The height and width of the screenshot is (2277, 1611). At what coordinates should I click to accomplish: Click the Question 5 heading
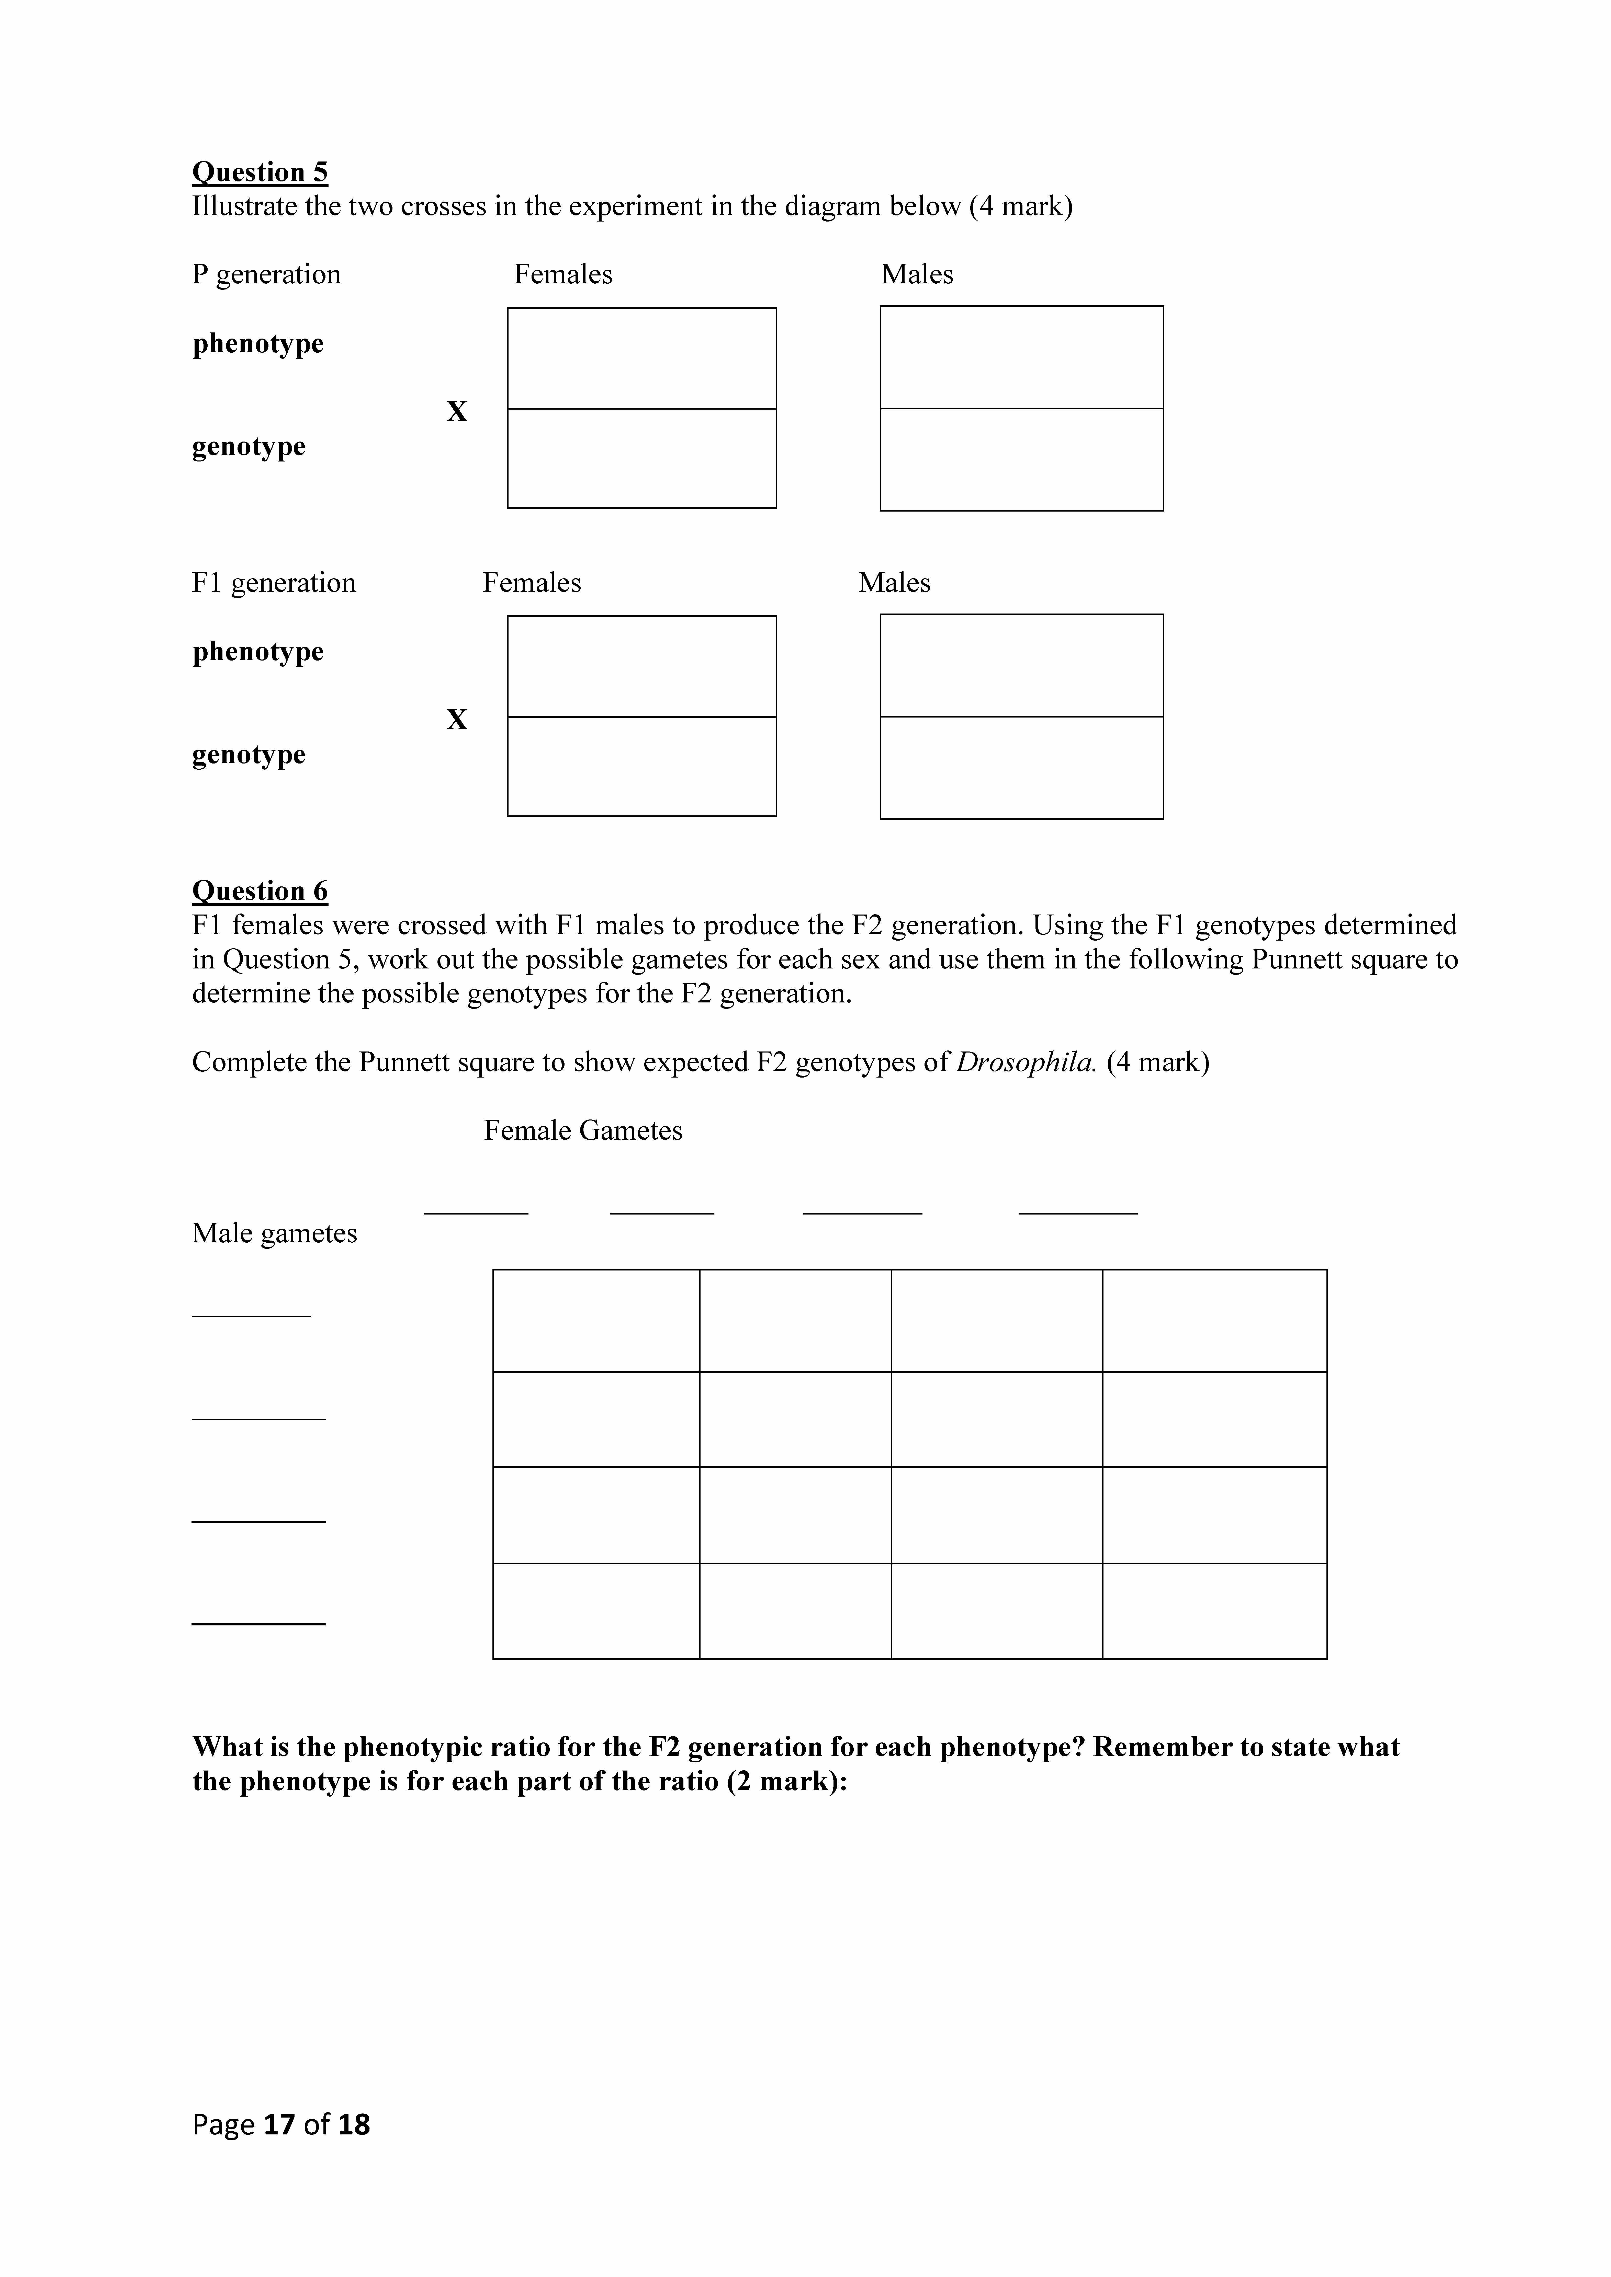click(260, 172)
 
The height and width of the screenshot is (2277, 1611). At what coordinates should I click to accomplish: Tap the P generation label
click(266, 275)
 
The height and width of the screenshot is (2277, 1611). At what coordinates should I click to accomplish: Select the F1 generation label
click(274, 583)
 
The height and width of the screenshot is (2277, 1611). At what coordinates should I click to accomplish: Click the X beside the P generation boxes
click(456, 412)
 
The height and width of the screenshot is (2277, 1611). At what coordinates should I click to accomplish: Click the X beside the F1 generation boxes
click(456, 720)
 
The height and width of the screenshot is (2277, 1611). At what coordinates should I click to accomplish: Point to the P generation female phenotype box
click(642, 358)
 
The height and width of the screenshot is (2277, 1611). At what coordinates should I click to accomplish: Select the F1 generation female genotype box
click(642, 767)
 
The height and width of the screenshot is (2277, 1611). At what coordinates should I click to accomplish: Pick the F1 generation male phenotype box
click(1022, 665)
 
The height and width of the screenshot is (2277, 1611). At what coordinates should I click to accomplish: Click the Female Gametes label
click(583, 1131)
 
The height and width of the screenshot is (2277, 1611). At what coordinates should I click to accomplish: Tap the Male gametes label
click(275, 1234)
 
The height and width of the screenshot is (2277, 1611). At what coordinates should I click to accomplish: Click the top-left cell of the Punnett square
click(596, 1321)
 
